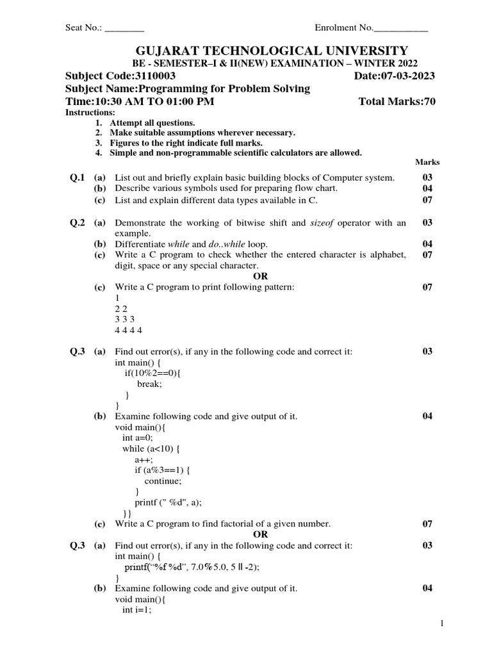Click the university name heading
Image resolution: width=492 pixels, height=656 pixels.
(269, 51)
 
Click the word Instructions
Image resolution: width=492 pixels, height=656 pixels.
(90, 113)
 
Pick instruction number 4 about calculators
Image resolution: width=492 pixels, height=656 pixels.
(235, 152)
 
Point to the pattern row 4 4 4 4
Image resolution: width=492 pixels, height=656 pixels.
(129, 330)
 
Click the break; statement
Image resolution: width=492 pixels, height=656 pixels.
(149, 384)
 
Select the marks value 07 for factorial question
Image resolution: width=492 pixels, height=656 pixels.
(427, 524)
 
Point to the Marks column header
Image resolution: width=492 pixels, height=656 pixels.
(427, 163)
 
